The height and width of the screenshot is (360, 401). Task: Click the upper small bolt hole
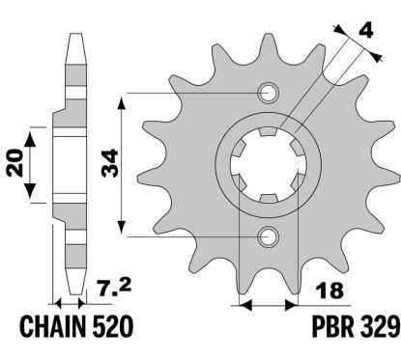point(267,94)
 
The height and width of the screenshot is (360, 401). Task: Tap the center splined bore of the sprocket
point(267,165)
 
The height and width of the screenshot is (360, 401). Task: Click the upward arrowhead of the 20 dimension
point(32,132)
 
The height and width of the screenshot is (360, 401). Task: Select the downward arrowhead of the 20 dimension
point(32,189)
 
